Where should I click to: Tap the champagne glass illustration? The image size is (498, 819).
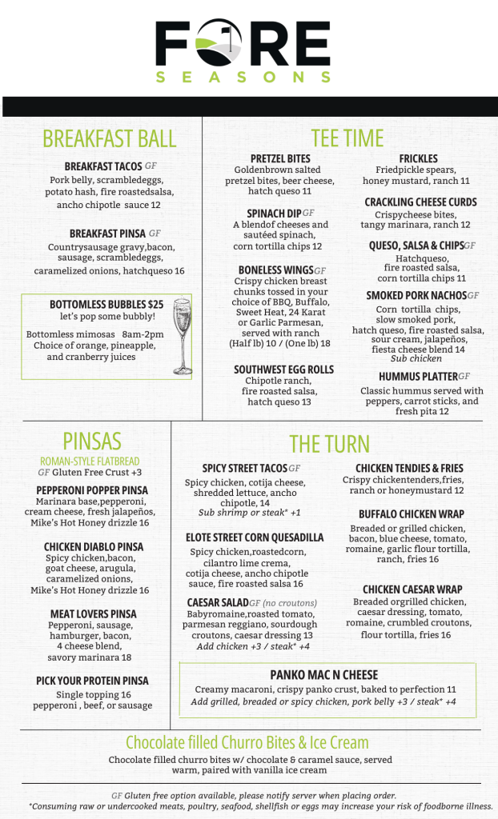tap(182, 337)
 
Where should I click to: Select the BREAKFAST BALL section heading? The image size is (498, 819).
tap(109, 138)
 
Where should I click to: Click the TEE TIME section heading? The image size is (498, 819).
tap(347, 138)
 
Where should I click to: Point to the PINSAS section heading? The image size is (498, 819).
tap(92, 441)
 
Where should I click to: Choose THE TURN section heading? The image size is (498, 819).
tap(329, 444)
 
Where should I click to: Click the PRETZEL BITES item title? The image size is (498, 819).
tap(280, 158)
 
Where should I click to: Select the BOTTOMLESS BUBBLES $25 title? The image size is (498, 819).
tap(106, 305)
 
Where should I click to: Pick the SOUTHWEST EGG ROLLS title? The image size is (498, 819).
tap(284, 370)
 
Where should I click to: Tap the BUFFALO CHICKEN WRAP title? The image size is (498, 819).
tap(411, 514)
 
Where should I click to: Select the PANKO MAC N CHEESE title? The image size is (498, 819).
tap(323, 675)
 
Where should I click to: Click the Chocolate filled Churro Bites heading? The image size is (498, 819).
tap(247, 742)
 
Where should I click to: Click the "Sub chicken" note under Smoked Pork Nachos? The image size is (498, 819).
tap(410, 359)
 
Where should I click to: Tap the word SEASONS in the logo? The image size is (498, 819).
tap(243, 78)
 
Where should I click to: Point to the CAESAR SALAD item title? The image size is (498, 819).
tap(216, 602)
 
